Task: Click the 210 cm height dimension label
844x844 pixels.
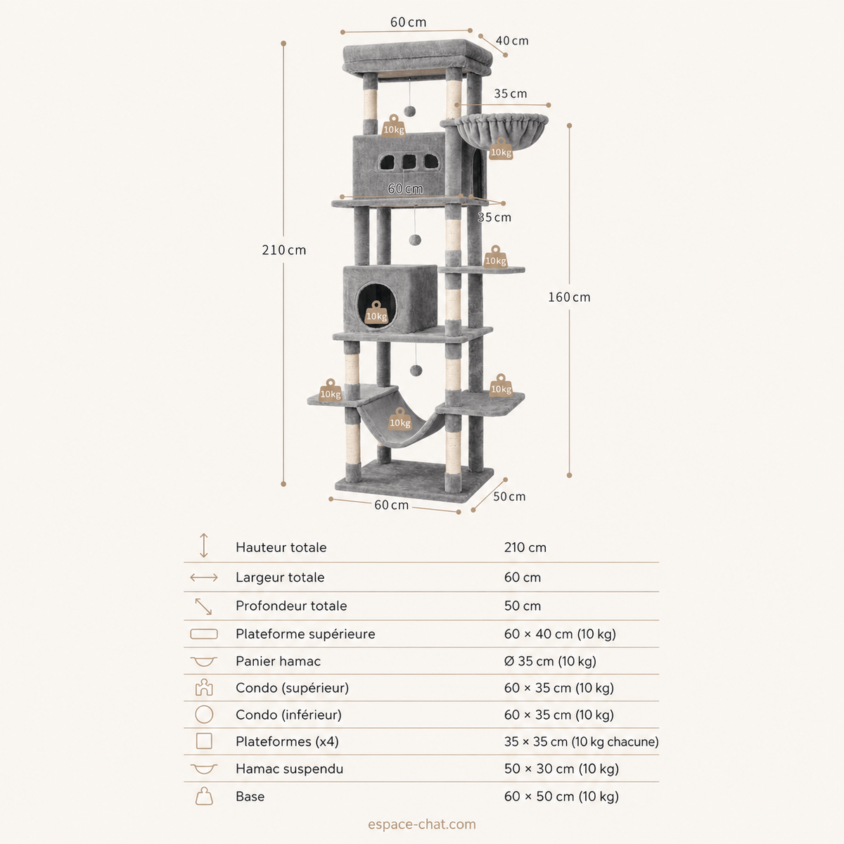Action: click(x=284, y=250)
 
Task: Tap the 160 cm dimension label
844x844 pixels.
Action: click(x=569, y=298)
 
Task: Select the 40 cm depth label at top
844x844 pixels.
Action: click(x=512, y=41)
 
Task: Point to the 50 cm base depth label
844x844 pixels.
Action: click(x=509, y=497)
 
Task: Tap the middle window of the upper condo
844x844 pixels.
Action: click(x=409, y=162)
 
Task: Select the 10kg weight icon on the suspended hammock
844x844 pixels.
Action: click(x=400, y=418)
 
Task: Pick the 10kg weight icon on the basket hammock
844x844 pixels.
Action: click(x=501, y=149)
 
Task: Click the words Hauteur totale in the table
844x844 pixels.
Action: click(x=281, y=547)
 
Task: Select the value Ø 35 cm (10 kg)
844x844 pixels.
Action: click(x=550, y=661)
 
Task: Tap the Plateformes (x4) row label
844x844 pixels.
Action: click(x=287, y=741)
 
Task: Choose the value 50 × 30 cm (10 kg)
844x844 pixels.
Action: click(x=561, y=769)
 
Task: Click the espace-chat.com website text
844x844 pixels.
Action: click(x=421, y=824)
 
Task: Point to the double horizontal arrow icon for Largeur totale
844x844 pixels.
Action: click(x=204, y=577)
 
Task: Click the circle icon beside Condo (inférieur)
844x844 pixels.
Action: click(x=204, y=715)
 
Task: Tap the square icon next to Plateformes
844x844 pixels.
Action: click(x=204, y=741)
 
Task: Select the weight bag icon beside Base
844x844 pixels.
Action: click(x=204, y=796)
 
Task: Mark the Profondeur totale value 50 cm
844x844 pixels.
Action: click(x=522, y=606)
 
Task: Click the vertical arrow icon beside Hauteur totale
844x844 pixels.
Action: click(x=204, y=545)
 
